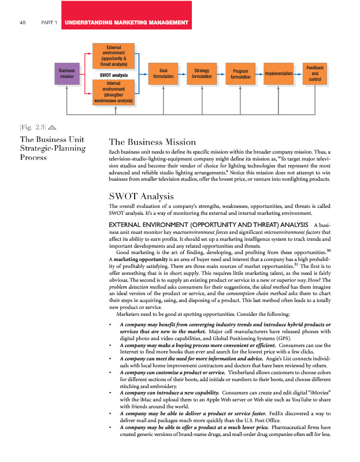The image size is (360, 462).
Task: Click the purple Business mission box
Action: pos(66,73)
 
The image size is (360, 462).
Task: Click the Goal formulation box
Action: pos(163,73)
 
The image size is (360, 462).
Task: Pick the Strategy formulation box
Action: pos(202,73)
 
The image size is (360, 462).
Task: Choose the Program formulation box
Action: pos(240,74)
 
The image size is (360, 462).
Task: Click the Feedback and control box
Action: pos(315,74)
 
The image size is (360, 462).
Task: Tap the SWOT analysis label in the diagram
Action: pos(113,75)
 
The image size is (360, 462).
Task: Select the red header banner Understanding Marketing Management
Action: pos(127,23)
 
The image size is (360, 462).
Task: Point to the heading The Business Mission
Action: pos(152,142)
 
